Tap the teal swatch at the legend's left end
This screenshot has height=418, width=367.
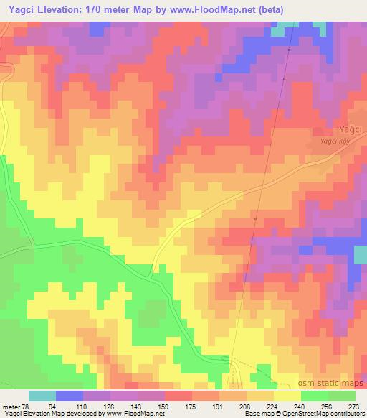[42, 395]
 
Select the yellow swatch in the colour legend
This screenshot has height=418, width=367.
[287, 395]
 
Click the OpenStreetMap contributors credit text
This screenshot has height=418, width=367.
[328, 414]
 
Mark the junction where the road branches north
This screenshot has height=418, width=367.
[151, 274]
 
